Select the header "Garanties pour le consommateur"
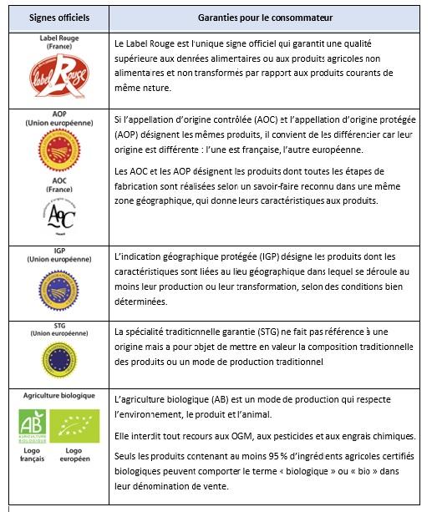pyautogui.click(x=265, y=18)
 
